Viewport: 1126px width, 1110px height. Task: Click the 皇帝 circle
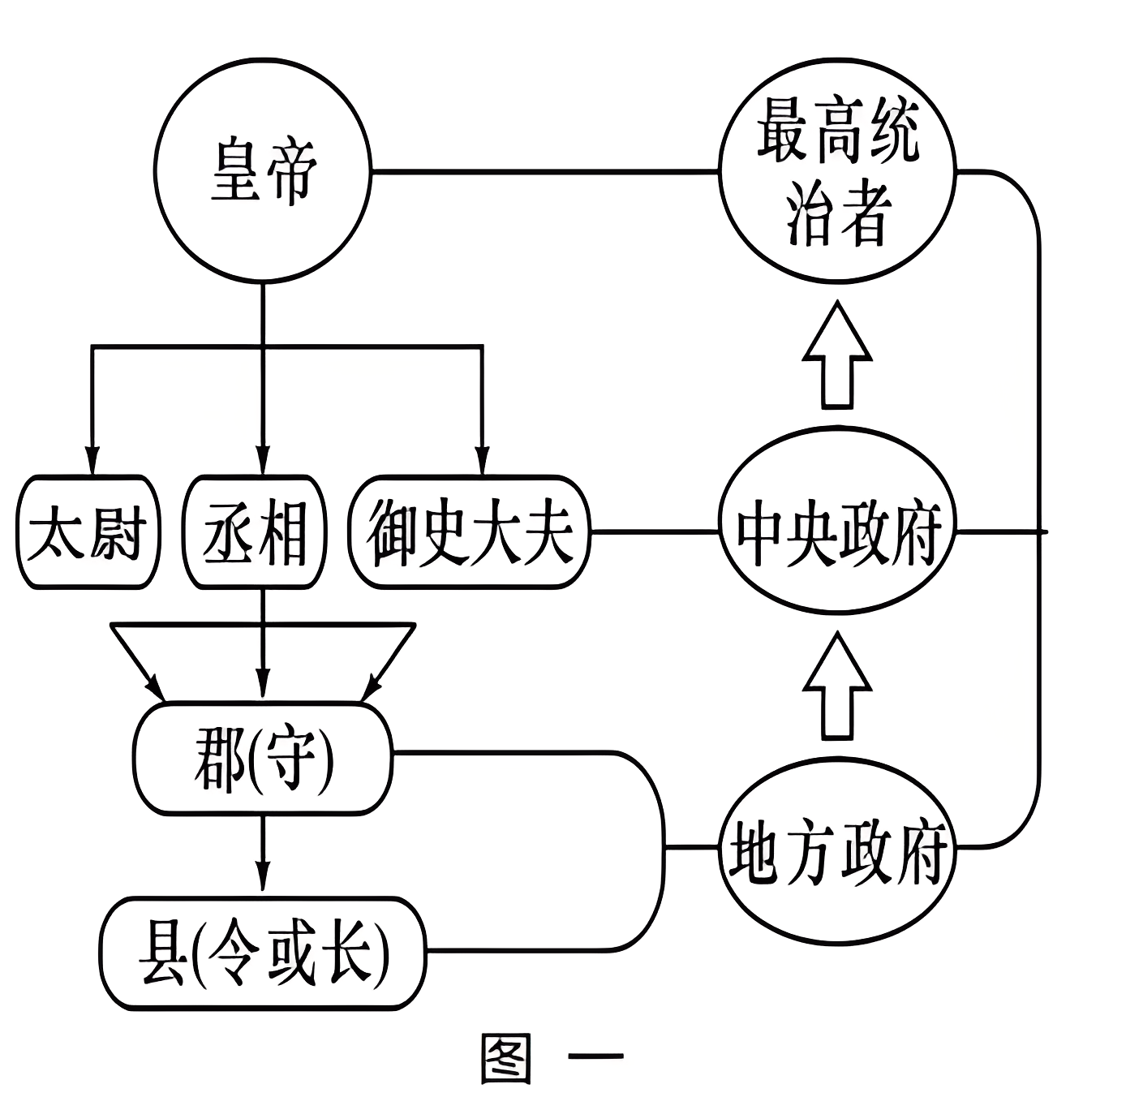[x=262, y=172]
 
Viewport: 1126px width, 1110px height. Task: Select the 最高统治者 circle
[x=837, y=172]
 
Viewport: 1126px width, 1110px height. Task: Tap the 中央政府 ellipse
[x=837, y=531]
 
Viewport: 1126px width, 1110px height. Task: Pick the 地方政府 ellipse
[x=837, y=848]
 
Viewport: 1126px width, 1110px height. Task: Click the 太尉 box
[x=88, y=532]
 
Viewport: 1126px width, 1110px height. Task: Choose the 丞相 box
[x=255, y=532]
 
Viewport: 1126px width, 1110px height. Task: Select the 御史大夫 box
[x=469, y=532]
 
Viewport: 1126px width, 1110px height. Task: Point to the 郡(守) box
[x=262, y=759]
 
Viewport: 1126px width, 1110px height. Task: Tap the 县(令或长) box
[x=262, y=953]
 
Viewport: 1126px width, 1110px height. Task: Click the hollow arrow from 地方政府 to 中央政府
[x=837, y=686]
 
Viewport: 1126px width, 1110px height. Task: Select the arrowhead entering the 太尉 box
[x=92, y=461]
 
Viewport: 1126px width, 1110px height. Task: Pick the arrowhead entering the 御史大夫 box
[x=482, y=461]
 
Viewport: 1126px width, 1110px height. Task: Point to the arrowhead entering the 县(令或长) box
[x=262, y=880]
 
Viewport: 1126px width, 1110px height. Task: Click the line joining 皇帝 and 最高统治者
[x=544, y=172]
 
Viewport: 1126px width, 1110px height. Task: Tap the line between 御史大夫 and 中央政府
[x=654, y=532]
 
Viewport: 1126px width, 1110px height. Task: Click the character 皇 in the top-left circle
[x=235, y=172]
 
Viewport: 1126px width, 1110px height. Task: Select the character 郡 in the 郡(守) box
[x=219, y=759]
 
